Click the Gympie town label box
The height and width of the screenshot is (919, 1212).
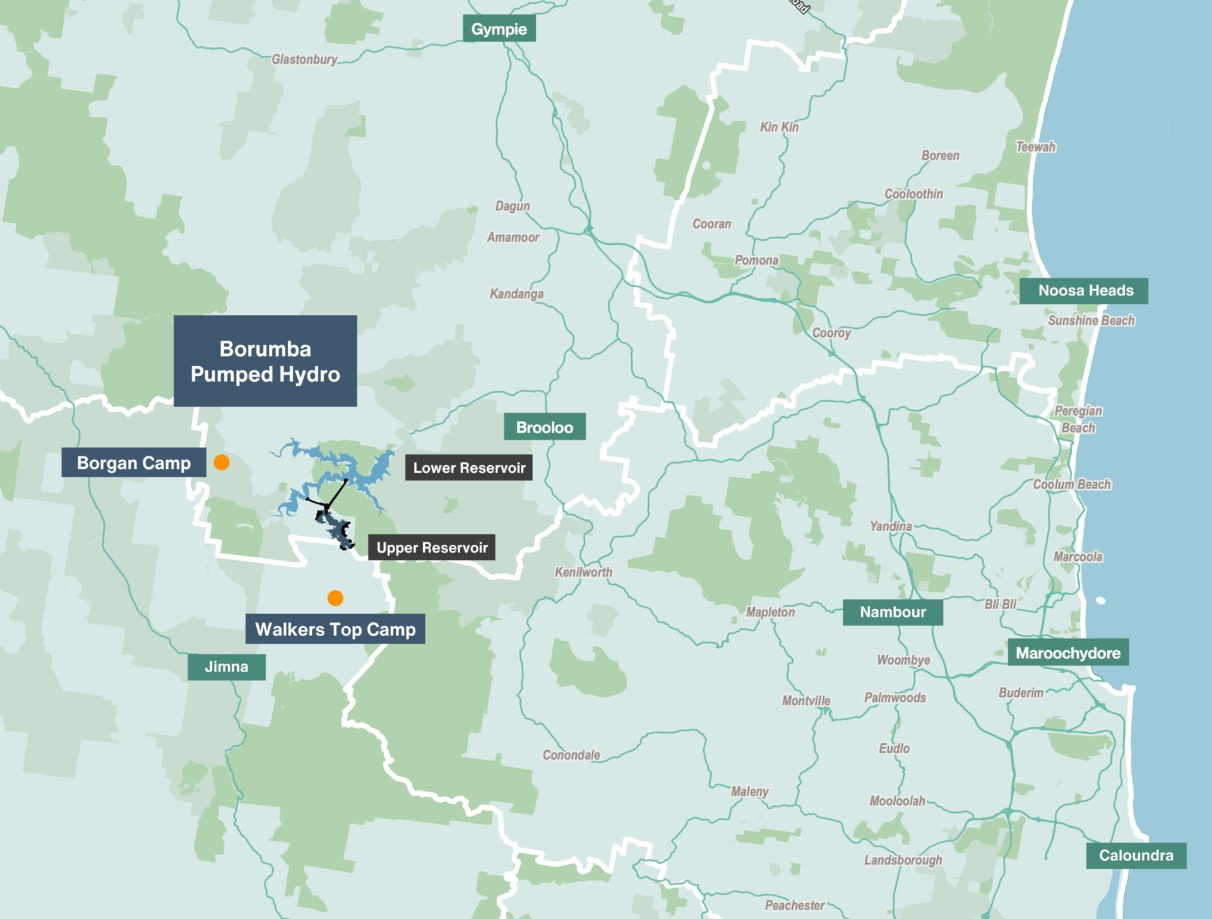tap(499, 29)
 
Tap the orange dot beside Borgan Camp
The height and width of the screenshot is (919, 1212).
tap(222, 463)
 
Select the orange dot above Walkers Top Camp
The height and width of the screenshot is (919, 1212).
tap(335, 598)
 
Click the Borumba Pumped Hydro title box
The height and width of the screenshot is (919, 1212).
tap(265, 361)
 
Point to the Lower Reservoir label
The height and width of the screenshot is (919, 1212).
tap(468, 468)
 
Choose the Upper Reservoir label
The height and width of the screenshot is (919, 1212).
tap(432, 547)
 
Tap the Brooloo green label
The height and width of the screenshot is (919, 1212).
tap(544, 427)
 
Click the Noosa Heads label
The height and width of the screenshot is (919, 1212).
tap(1083, 291)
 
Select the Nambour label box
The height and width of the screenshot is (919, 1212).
tap(893, 612)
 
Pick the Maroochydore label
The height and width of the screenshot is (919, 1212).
tap(1068, 653)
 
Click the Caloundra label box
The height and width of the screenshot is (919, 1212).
tap(1136, 855)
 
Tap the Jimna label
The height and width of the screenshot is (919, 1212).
tap(226, 667)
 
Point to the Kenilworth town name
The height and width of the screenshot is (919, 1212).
tap(583, 572)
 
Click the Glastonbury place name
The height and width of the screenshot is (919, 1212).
tap(304, 59)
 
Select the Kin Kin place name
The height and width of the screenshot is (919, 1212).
tap(779, 127)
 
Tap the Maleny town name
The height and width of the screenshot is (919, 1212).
tap(749, 792)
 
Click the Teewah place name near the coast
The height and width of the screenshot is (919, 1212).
tap(1035, 147)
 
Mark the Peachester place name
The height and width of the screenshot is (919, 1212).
tap(795, 905)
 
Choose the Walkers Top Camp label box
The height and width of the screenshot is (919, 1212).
tap(335, 629)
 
